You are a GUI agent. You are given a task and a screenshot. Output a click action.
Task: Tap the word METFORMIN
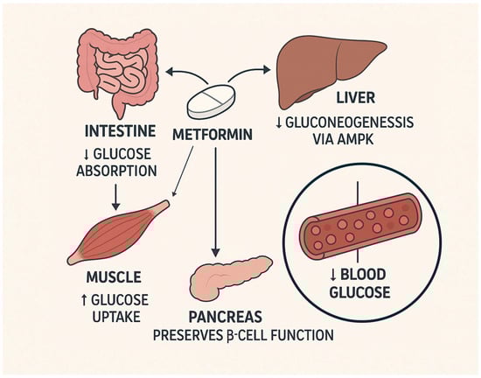point(213,137)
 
